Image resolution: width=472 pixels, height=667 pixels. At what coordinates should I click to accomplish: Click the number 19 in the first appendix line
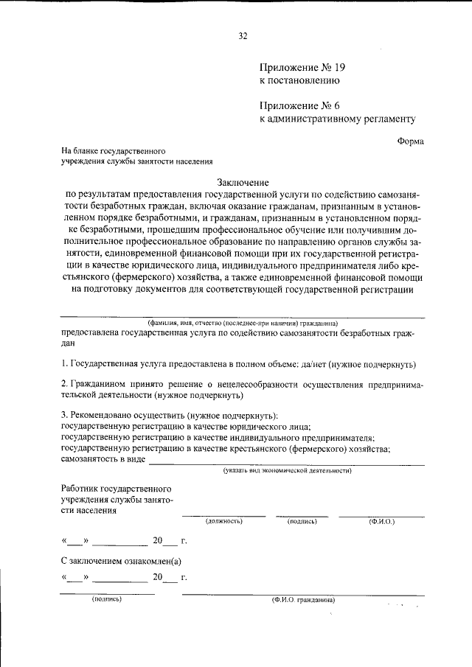click(339, 68)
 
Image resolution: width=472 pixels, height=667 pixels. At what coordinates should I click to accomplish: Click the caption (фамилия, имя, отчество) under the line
click(243, 323)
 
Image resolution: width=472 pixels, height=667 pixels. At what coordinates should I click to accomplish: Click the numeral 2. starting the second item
click(65, 384)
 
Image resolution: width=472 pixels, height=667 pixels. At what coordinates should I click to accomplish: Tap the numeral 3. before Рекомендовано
click(65, 415)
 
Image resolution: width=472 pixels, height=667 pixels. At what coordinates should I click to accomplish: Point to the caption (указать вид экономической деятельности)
click(288, 470)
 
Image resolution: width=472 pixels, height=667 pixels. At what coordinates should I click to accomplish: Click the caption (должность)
click(224, 521)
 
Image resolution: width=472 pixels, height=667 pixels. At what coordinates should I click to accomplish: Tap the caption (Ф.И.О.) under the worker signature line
click(381, 521)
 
